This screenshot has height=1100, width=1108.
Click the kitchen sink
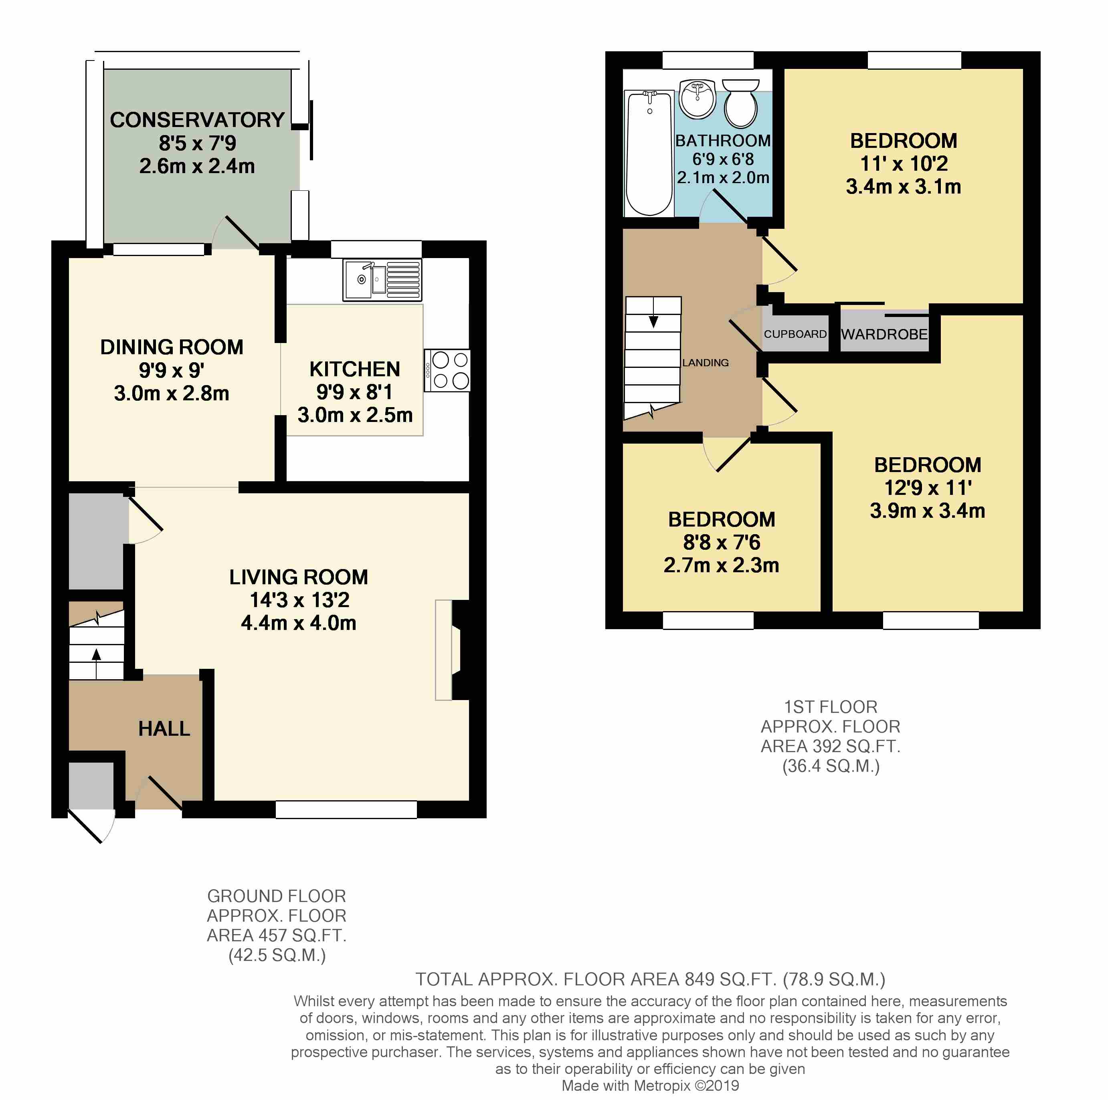click(x=382, y=280)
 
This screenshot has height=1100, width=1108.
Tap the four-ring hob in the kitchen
click(x=447, y=370)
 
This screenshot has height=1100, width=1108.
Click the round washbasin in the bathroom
click(x=698, y=99)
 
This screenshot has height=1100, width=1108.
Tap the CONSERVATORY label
click(x=197, y=120)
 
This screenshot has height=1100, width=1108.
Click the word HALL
click(x=164, y=729)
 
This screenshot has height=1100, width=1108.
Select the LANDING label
click(x=706, y=362)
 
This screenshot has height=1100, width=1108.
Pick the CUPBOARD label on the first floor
click(x=795, y=334)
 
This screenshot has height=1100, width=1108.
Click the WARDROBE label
click(x=884, y=334)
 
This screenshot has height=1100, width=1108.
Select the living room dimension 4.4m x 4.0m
click(x=299, y=622)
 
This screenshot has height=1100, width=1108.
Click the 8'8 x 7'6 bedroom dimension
click(x=722, y=542)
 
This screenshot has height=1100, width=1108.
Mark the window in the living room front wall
click(x=346, y=809)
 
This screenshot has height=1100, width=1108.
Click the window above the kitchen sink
click(x=376, y=249)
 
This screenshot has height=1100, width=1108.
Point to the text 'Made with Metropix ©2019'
click(x=650, y=1085)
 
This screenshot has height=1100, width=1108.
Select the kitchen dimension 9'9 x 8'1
click(x=354, y=392)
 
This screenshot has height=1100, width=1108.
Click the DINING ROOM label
click(x=172, y=347)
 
